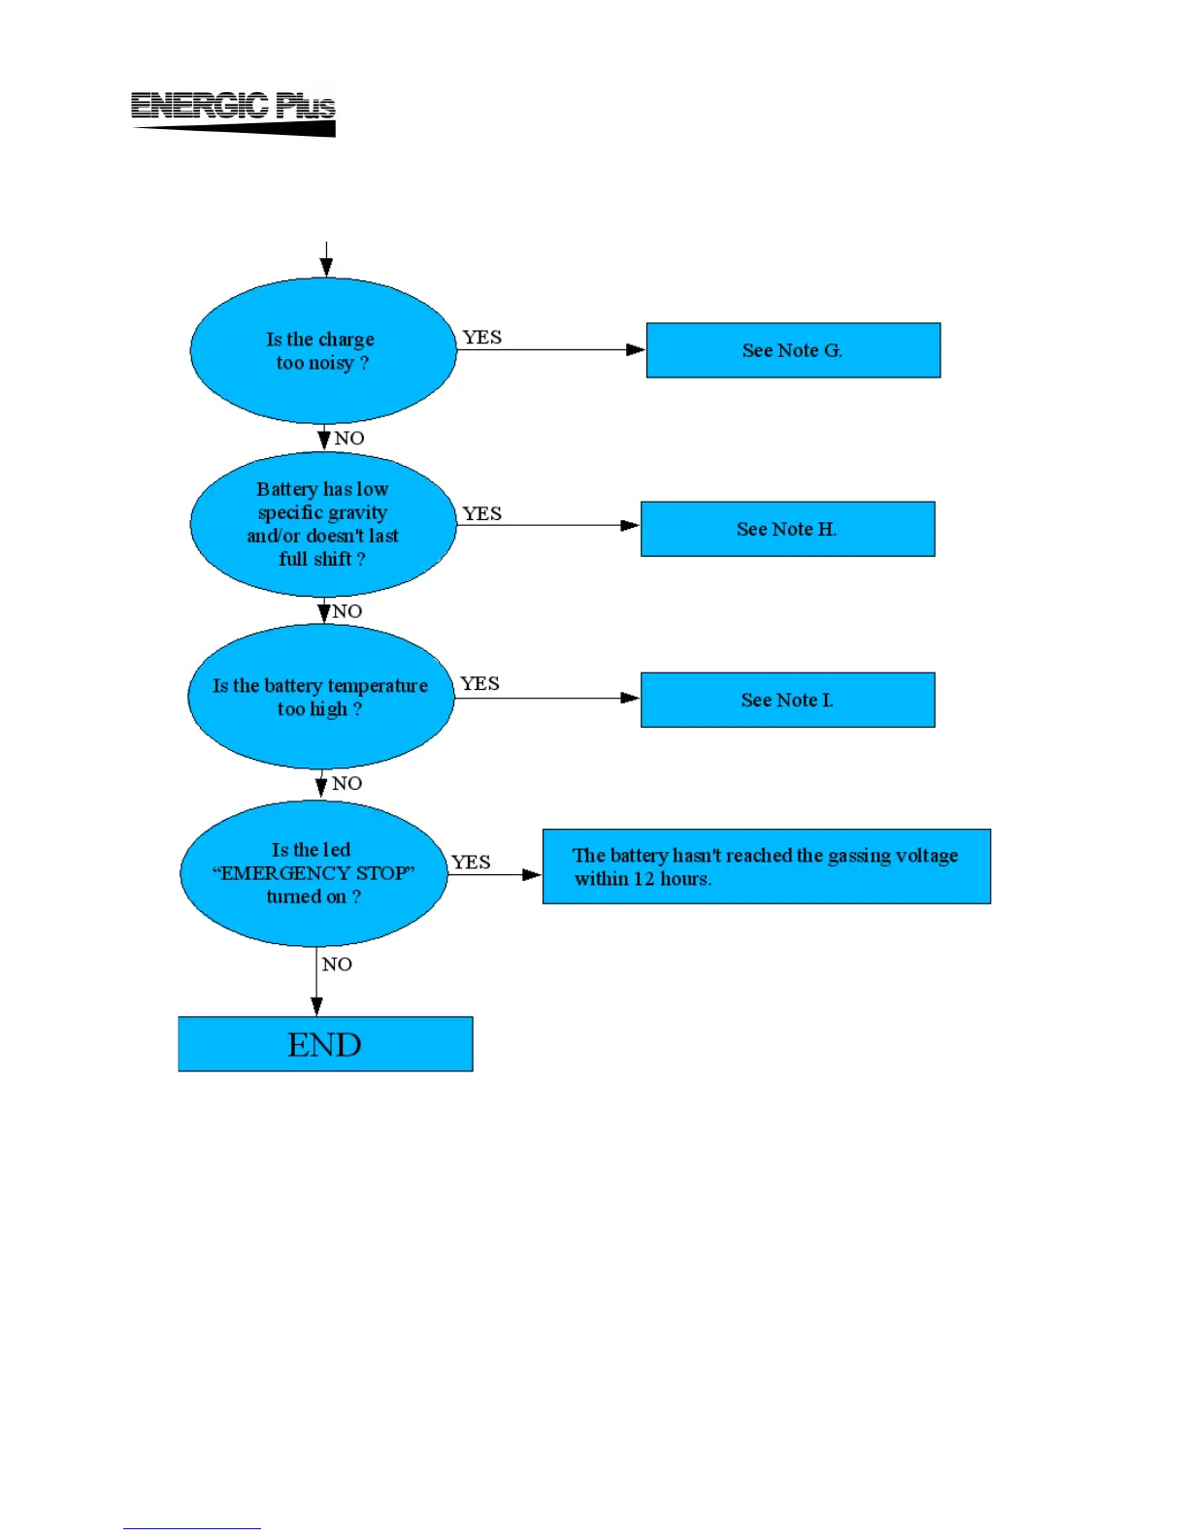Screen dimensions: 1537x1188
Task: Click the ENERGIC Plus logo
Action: [x=233, y=113]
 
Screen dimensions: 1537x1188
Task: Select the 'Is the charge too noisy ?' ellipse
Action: [x=323, y=350]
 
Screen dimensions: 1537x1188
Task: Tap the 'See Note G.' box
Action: [x=793, y=350]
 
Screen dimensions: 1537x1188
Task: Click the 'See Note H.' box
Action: [x=787, y=529]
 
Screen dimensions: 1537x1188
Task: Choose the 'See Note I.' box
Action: [x=787, y=700]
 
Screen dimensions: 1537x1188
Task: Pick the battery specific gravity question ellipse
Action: [x=323, y=524]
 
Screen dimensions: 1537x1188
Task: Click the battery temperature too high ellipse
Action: [x=320, y=697]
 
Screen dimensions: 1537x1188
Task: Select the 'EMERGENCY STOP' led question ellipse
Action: [x=313, y=873]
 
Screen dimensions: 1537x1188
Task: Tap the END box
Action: [x=325, y=1044]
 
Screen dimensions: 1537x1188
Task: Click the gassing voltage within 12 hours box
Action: [x=766, y=867]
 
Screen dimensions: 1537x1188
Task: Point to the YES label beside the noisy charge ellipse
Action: [x=481, y=337]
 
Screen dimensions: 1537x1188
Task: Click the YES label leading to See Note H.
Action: [x=481, y=513]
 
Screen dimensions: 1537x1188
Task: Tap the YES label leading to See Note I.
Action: [x=479, y=684]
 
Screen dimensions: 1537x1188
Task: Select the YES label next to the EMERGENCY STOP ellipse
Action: [x=471, y=862]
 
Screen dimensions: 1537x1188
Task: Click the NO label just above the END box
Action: [x=337, y=964]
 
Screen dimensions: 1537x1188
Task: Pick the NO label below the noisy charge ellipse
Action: [x=348, y=438]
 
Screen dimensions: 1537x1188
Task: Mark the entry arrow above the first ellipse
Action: [x=326, y=259]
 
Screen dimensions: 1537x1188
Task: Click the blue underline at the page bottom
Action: [x=191, y=1528]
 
